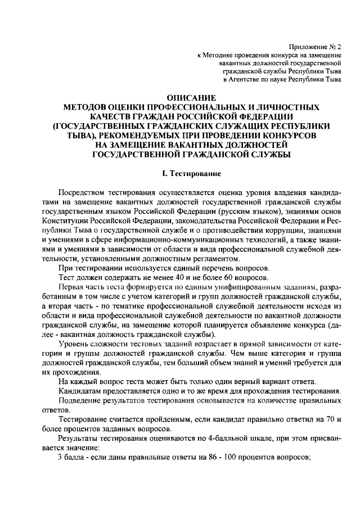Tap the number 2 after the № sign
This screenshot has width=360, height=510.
pos(339,47)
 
